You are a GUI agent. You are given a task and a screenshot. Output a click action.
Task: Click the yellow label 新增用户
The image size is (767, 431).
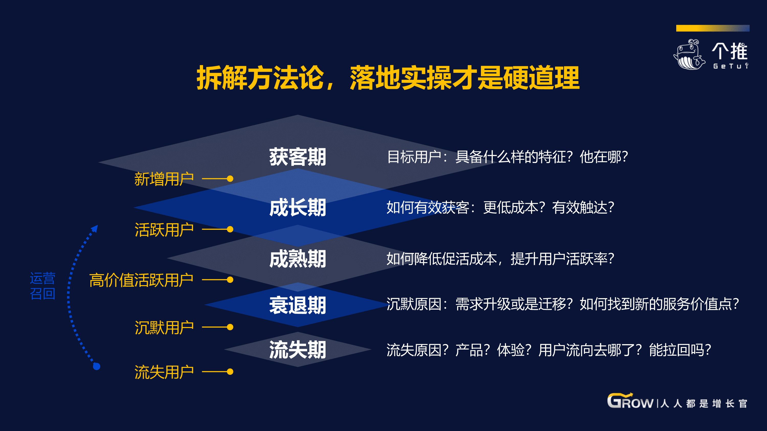tap(164, 179)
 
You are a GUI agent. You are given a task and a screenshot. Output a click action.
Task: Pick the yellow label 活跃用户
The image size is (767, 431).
tap(164, 230)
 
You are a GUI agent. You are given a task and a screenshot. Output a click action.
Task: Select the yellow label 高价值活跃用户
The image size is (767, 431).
tap(141, 280)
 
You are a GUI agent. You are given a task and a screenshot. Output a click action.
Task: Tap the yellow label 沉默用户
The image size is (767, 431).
tap(164, 328)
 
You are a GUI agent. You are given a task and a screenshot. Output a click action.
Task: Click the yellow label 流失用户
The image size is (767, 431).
tap(164, 372)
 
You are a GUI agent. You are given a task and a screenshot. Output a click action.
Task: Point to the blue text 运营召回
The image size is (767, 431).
tap(43, 286)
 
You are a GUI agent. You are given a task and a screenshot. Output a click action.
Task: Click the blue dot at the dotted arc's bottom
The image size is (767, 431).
tap(96, 366)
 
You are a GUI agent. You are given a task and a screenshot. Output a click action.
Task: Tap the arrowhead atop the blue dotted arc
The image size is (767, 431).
tap(95, 228)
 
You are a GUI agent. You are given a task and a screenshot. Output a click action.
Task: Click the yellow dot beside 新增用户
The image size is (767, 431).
tap(230, 179)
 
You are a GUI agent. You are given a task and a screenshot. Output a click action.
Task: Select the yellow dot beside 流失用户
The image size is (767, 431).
tap(230, 371)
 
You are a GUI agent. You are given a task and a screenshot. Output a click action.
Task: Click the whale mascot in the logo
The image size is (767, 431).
tap(689, 54)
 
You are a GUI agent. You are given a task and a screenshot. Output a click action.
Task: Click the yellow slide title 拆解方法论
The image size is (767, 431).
tap(260, 78)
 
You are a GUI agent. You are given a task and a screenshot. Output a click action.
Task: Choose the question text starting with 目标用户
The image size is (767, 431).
tap(507, 157)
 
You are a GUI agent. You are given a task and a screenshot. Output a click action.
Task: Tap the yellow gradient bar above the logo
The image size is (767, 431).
tap(713, 28)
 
